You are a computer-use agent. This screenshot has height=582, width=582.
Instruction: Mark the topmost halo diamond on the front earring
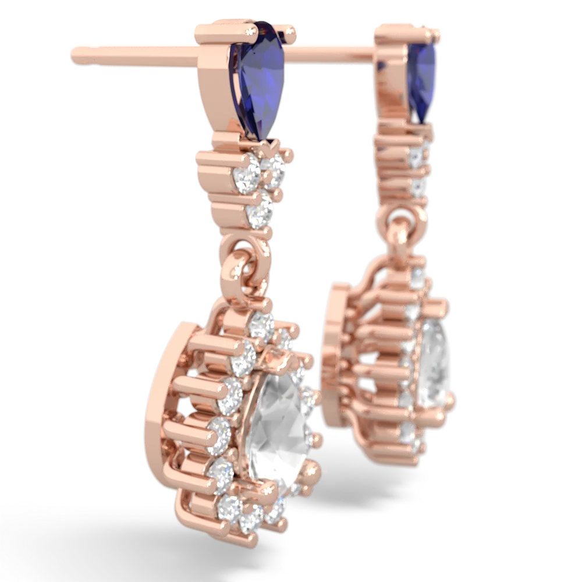click(261, 325)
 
